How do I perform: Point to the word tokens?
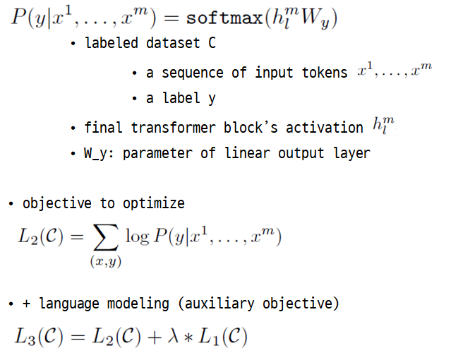pyautogui.click(x=324, y=73)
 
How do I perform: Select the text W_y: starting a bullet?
pyautogui.click(x=100, y=153)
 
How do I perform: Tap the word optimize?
pyautogui.click(x=155, y=204)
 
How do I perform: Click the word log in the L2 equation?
pyautogui.click(x=137, y=236)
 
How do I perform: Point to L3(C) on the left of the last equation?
pyautogui.click(x=38, y=337)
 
